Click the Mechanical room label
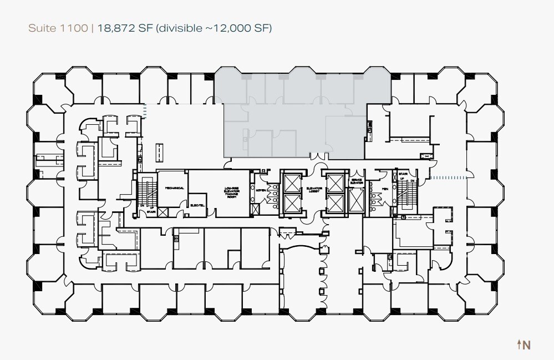click(x=174, y=188)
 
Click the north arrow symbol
click(x=519, y=344)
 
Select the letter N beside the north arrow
click(x=527, y=344)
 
